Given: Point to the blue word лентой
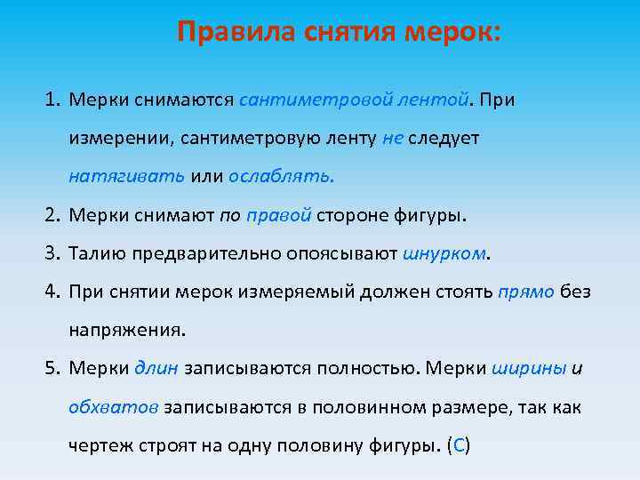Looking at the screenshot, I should [x=433, y=100].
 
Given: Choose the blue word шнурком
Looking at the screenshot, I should [x=444, y=253].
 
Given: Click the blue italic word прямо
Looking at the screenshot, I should [x=527, y=292].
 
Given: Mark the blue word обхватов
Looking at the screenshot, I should [x=113, y=406].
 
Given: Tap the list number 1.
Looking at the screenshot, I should [x=51, y=100].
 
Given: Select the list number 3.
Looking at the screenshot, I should [x=51, y=253].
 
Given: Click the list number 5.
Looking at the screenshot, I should [x=51, y=368].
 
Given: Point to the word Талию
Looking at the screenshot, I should [x=97, y=253].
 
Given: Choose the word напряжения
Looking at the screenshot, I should [x=127, y=330].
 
